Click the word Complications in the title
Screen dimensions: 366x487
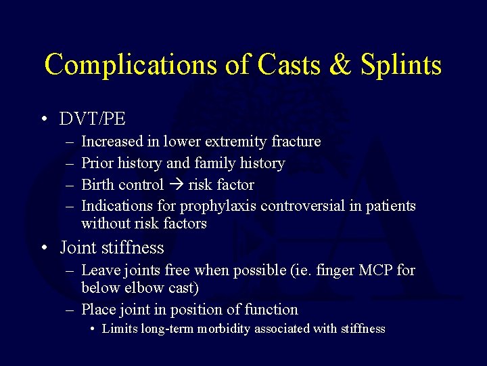[x=129, y=65]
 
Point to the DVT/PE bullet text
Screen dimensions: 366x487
[x=93, y=119]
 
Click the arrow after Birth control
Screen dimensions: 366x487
[x=176, y=184]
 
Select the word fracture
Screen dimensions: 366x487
[x=296, y=142]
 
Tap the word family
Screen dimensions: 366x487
[x=216, y=163]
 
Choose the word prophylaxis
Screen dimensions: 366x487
[x=218, y=205]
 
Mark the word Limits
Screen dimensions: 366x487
[x=119, y=329]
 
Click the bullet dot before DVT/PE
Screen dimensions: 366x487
[x=43, y=119]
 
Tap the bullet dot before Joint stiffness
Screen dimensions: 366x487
[x=43, y=249]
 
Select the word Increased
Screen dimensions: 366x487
[x=112, y=142]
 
